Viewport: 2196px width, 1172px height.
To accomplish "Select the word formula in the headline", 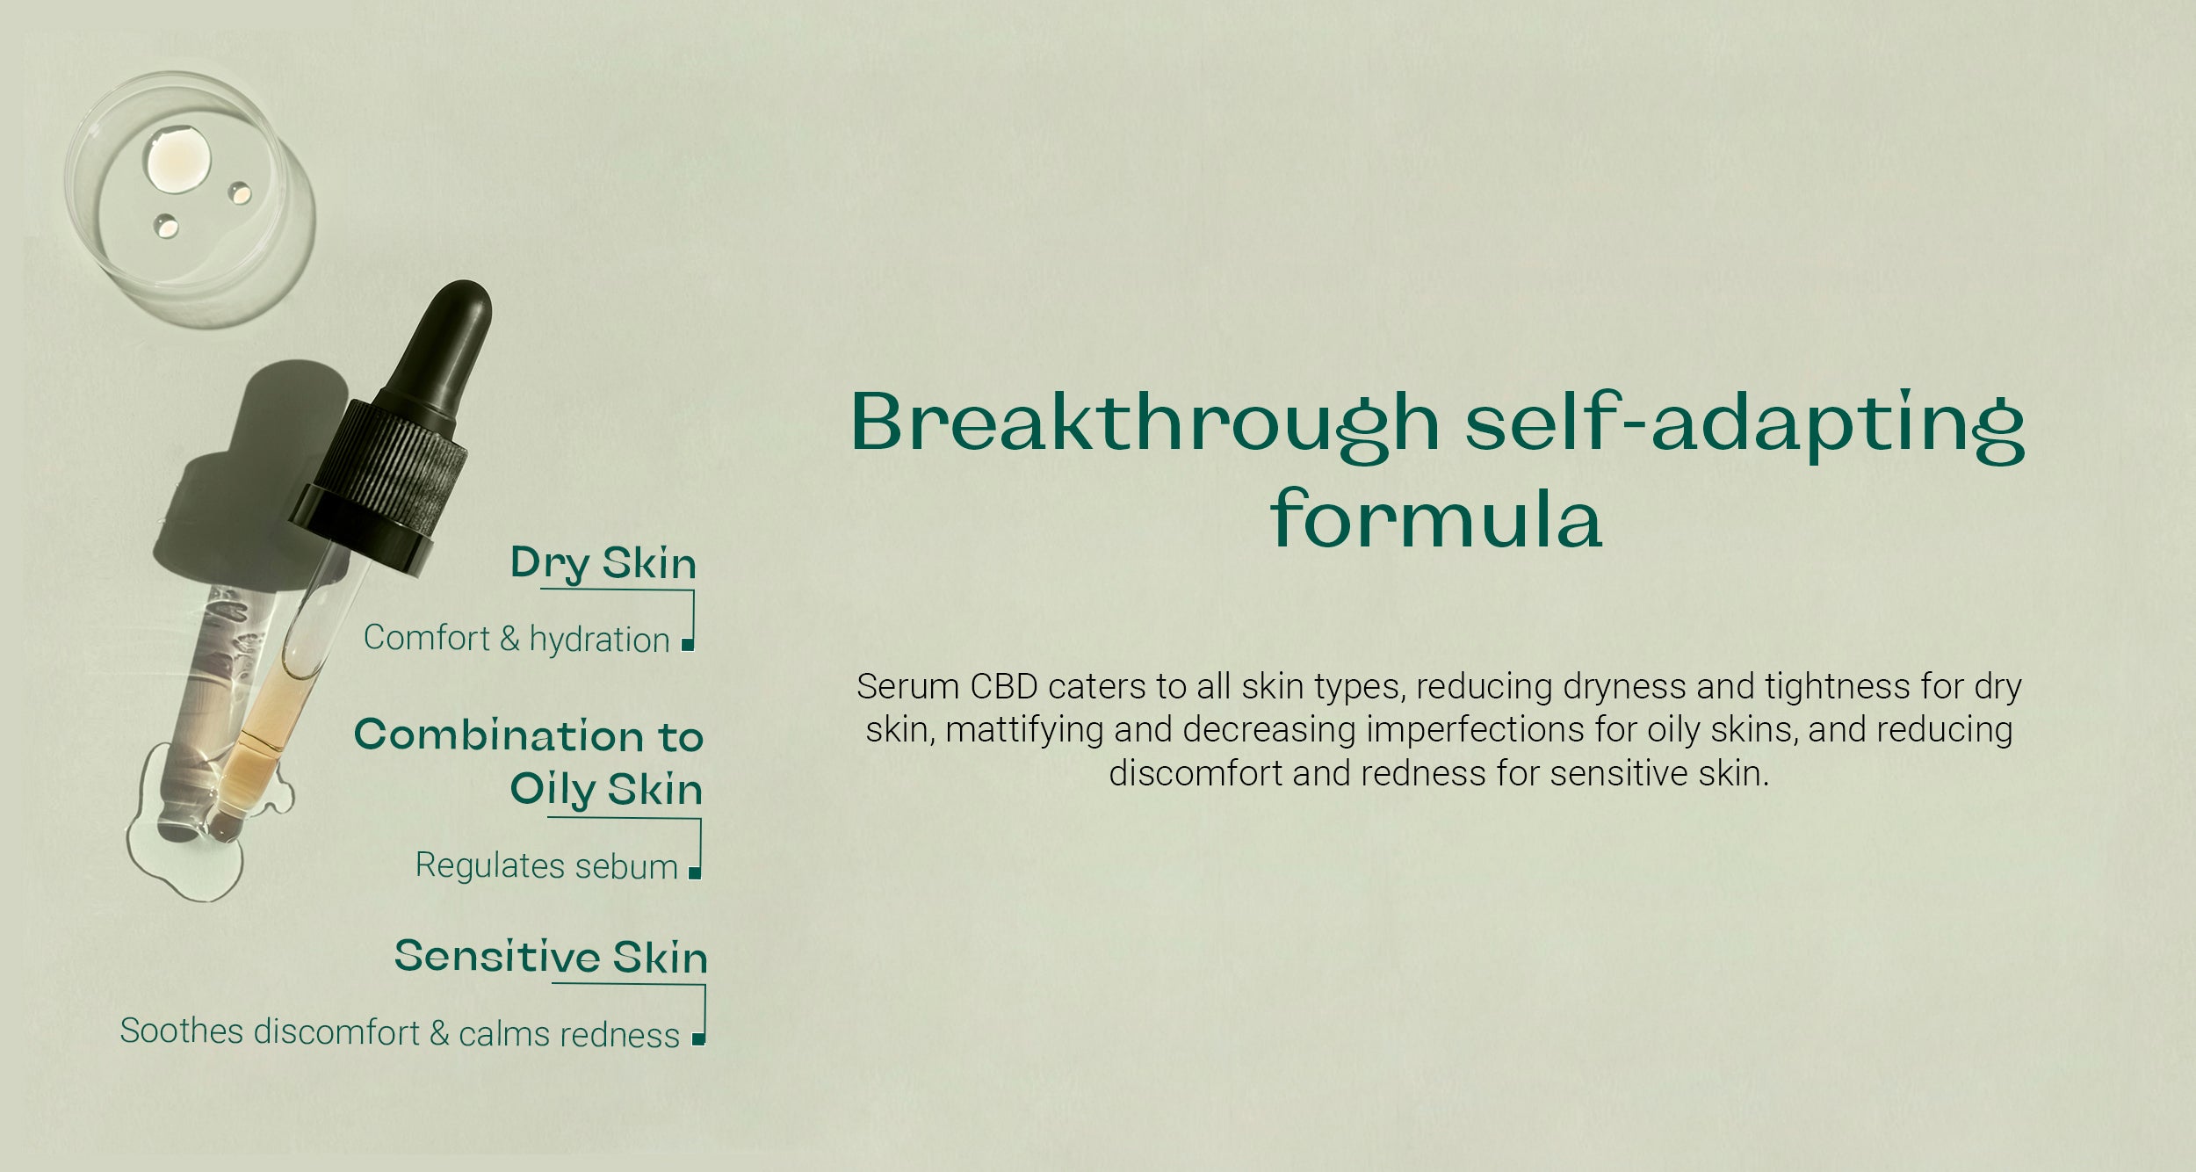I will click(1436, 520).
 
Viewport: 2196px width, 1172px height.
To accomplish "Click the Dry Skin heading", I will click(603, 563).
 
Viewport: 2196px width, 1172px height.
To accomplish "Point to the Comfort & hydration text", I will click(516, 639).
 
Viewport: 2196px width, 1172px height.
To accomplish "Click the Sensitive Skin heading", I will click(551, 957).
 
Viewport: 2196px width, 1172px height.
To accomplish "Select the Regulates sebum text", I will click(545, 866).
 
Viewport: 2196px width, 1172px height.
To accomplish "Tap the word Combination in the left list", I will click(499, 735).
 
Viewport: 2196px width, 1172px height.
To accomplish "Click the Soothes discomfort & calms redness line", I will click(400, 1033).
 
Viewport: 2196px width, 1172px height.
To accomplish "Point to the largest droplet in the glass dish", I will click(179, 160).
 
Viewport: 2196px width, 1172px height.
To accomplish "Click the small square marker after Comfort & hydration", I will click(688, 646).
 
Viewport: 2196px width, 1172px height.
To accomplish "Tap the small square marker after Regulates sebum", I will click(694, 873).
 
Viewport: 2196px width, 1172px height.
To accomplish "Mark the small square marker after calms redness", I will click(697, 1040).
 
